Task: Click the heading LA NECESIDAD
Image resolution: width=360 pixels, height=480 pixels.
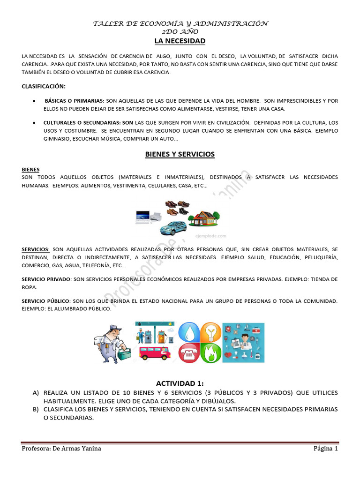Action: [180, 41]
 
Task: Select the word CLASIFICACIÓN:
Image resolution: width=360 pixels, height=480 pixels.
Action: [44, 86]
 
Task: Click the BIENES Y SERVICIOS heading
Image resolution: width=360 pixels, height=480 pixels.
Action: [180, 154]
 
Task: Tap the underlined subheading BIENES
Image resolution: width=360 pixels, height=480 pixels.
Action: [30, 169]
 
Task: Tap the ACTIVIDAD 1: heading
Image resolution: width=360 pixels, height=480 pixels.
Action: [180, 383]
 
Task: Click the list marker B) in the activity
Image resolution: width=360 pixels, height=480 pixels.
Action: [36, 409]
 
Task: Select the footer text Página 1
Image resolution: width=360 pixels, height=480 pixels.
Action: [325, 449]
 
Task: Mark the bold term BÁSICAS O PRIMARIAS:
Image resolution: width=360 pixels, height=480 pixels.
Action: [75, 101]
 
